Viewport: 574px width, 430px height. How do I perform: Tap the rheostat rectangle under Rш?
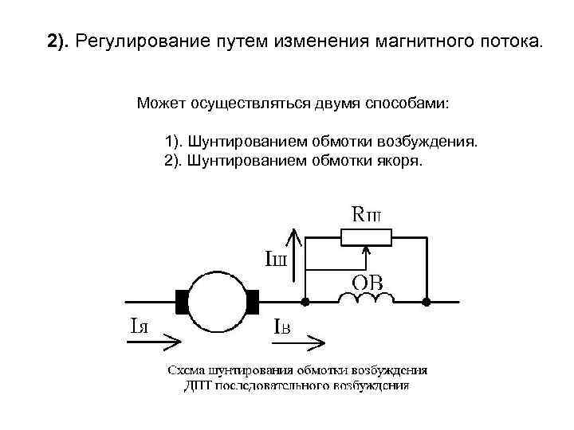(x=365, y=236)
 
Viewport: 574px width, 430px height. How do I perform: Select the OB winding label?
(x=368, y=282)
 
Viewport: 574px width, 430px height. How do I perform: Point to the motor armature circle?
(x=218, y=302)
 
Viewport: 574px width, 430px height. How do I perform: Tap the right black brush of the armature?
(x=254, y=302)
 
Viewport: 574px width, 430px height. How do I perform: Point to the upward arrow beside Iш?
(x=295, y=255)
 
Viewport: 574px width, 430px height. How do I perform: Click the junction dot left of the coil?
(x=306, y=302)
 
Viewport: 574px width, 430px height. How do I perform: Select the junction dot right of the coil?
(x=427, y=302)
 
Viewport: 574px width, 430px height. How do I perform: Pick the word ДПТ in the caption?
(x=197, y=386)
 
